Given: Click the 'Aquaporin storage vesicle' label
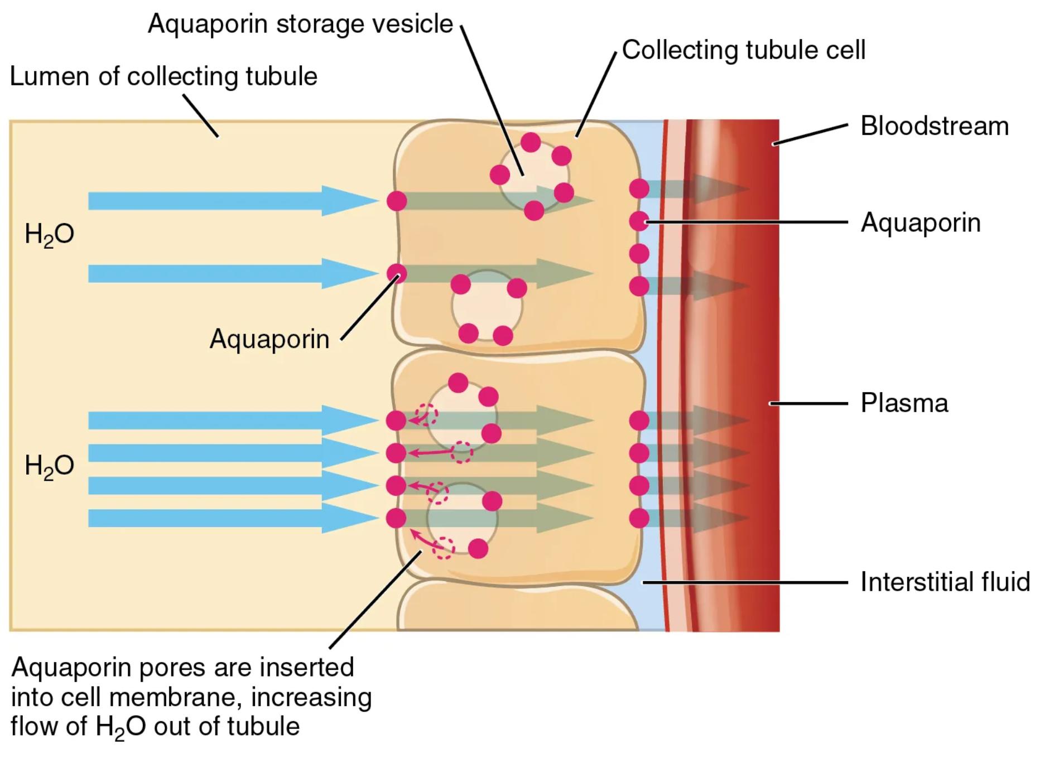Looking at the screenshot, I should (300, 24).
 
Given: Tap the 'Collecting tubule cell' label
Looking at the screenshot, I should (743, 50).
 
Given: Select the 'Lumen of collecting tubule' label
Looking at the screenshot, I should (163, 76).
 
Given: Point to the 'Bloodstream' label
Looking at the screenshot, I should (934, 126).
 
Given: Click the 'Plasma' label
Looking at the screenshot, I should (904, 403).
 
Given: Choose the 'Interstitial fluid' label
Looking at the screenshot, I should (945, 582).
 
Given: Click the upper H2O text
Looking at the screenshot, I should (49, 234).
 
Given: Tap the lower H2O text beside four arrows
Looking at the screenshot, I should (49, 466).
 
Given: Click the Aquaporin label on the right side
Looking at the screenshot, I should (920, 223).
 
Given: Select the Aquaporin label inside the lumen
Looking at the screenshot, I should (269, 339).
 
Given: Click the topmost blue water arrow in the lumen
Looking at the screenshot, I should (223, 201).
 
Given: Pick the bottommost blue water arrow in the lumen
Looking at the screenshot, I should (223, 518).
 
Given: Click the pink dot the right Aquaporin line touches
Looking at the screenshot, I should (639, 221).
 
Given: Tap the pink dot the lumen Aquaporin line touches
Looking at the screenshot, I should (397, 273).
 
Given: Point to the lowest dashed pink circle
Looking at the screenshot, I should (444, 548).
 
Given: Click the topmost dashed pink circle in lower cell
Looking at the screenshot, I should (428, 415).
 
